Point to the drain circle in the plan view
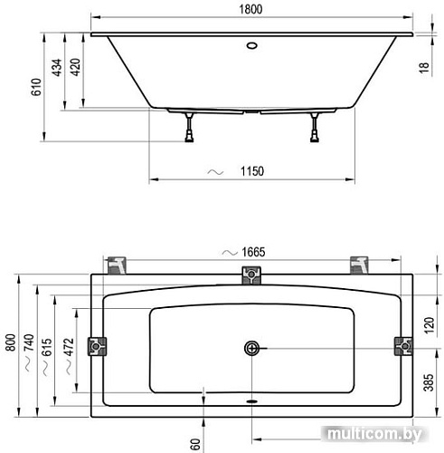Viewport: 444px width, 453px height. pyautogui.click(x=251, y=348)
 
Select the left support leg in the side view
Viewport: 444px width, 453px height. pyautogui.click(x=190, y=127)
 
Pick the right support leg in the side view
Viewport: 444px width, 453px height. pyautogui.click(x=316, y=127)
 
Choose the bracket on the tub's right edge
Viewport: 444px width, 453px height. pyautogui.click(x=403, y=346)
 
